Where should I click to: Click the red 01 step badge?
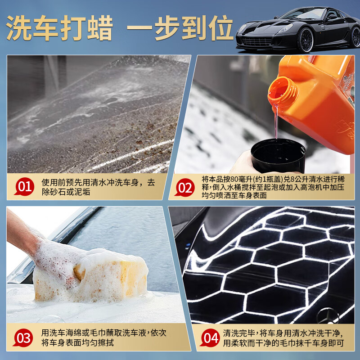click(x=24, y=187)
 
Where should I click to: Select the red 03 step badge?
click(x=25, y=337)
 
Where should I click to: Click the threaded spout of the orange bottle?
click(x=282, y=90)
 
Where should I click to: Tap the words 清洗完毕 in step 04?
click(x=239, y=333)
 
